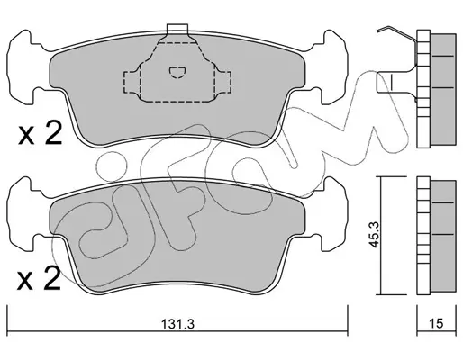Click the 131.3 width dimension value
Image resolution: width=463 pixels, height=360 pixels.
click(x=178, y=324)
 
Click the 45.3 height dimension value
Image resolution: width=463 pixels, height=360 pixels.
click(x=374, y=235)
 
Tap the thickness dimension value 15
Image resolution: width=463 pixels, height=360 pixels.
click(x=436, y=323)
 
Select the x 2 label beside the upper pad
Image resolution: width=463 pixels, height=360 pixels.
click(x=41, y=133)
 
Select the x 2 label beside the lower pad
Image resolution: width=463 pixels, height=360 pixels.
click(x=39, y=278)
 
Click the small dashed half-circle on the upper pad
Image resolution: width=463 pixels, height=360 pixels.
click(x=177, y=72)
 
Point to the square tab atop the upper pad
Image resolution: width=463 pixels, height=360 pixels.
click(x=177, y=29)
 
